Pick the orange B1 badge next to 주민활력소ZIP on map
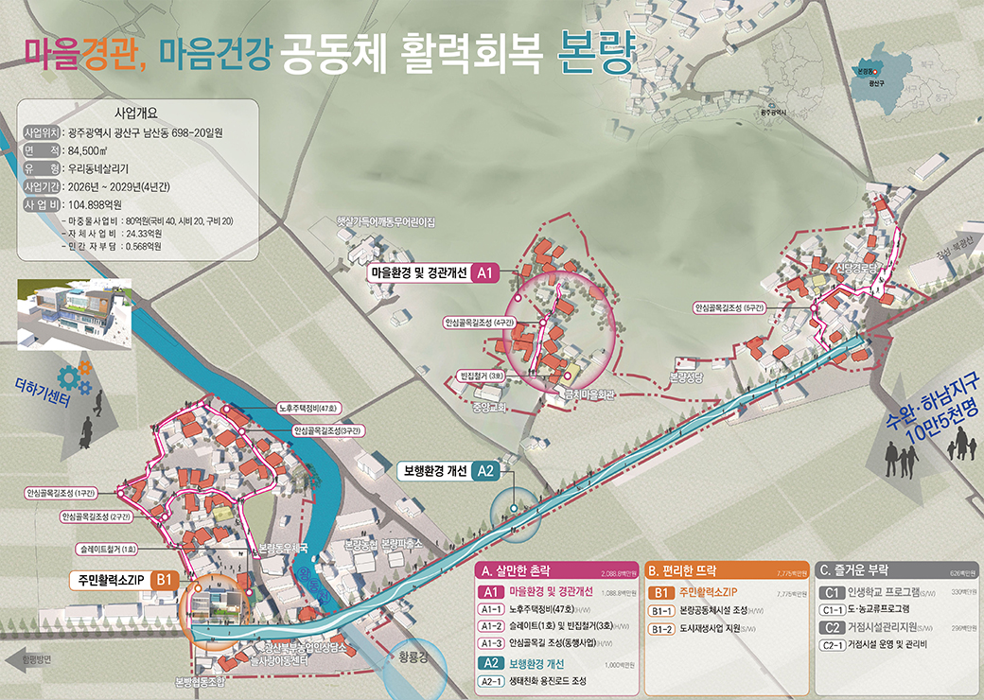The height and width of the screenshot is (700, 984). [164, 579]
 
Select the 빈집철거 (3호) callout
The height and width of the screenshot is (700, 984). [486, 375]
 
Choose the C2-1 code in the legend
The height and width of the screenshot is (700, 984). [834, 645]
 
